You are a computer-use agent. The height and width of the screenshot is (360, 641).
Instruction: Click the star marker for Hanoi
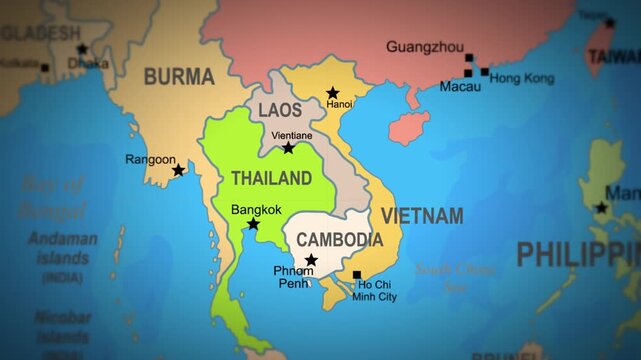coord(333,93)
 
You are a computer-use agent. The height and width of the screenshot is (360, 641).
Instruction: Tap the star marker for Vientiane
coord(288,148)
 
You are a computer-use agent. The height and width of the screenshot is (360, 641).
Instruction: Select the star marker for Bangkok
coord(253,225)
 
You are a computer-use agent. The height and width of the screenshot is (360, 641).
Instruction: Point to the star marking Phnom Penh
coord(311,260)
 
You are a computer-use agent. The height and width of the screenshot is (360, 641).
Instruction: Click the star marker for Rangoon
coord(178,171)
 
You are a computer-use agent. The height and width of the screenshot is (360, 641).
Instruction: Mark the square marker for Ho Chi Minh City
coord(357,275)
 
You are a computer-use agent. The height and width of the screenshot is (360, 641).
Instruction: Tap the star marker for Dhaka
coord(82,49)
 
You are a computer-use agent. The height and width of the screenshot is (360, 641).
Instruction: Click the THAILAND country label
coord(271,179)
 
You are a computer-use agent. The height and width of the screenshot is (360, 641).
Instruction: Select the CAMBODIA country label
coord(339,240)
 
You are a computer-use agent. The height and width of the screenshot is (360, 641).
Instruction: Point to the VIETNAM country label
coord(422,216)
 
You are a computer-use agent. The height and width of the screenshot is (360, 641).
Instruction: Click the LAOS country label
coord(280,110)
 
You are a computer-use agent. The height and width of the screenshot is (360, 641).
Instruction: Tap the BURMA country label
coord(179,76)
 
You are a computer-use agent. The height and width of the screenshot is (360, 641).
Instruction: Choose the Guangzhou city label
coord(424,47)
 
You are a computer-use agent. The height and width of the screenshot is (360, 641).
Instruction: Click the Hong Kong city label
coord(522,78)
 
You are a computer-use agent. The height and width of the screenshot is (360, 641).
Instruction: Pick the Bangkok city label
coord(256,210)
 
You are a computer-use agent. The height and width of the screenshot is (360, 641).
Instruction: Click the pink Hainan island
coord(409,127)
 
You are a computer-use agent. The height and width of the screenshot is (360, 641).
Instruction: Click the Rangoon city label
coord(150,158)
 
